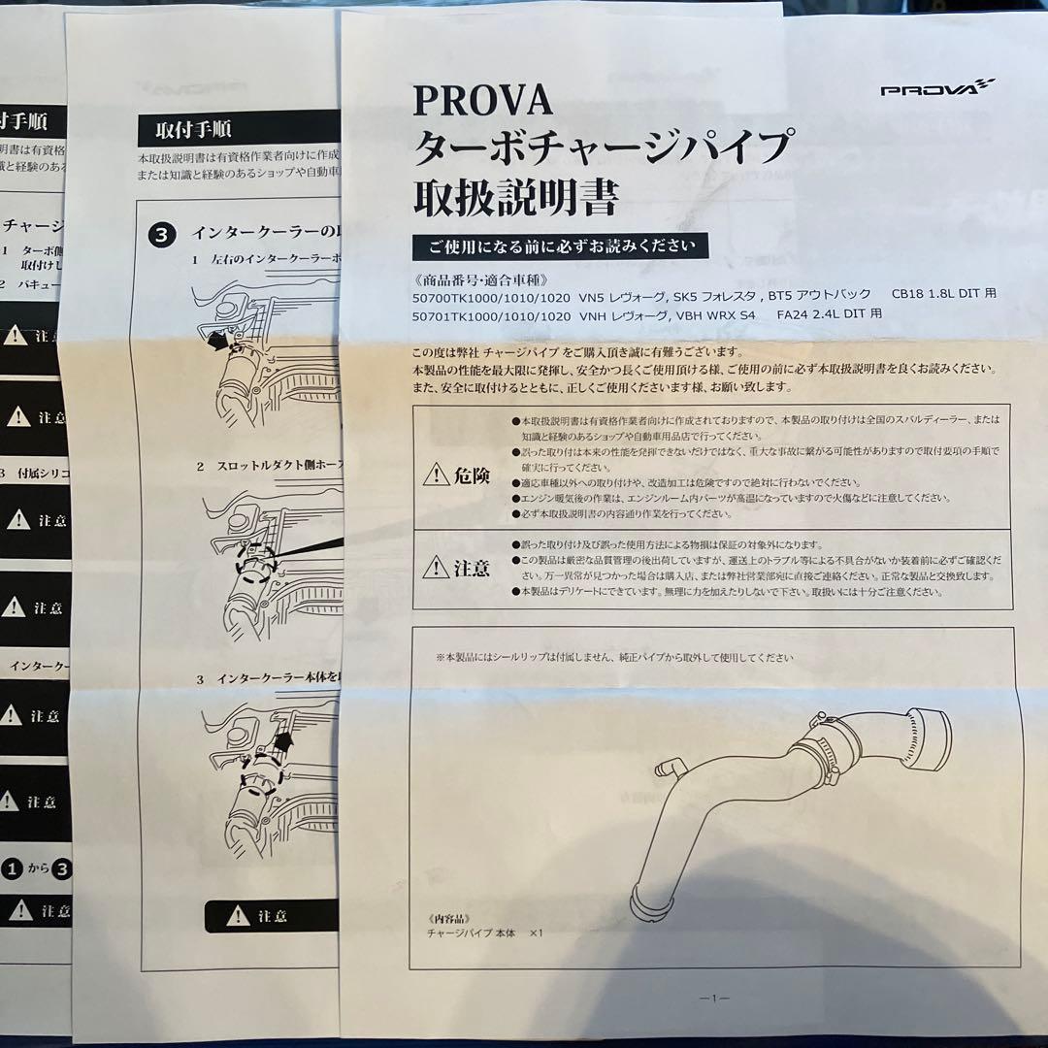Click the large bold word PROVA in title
tap(482, 100)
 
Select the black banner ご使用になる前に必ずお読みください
tap(560, 246)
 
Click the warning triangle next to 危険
tap(437, 475)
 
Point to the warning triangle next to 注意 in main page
tap(437, 568)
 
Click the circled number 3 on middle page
tap(163, 234)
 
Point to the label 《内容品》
tap(447, 915)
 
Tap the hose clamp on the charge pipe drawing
tap(820, 752)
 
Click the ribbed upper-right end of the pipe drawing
tap(927, 737)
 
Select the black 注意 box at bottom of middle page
tap(272, 916)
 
